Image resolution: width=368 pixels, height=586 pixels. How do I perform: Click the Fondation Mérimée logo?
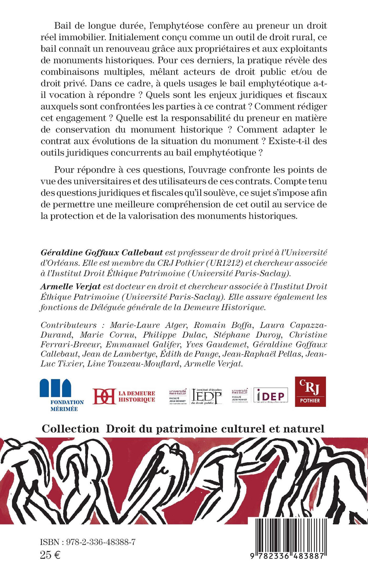[x=62, y=395]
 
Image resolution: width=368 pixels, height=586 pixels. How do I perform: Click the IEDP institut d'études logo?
[x=206, y=396]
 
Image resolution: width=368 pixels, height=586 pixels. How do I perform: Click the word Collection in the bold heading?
[x=70, y=429]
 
